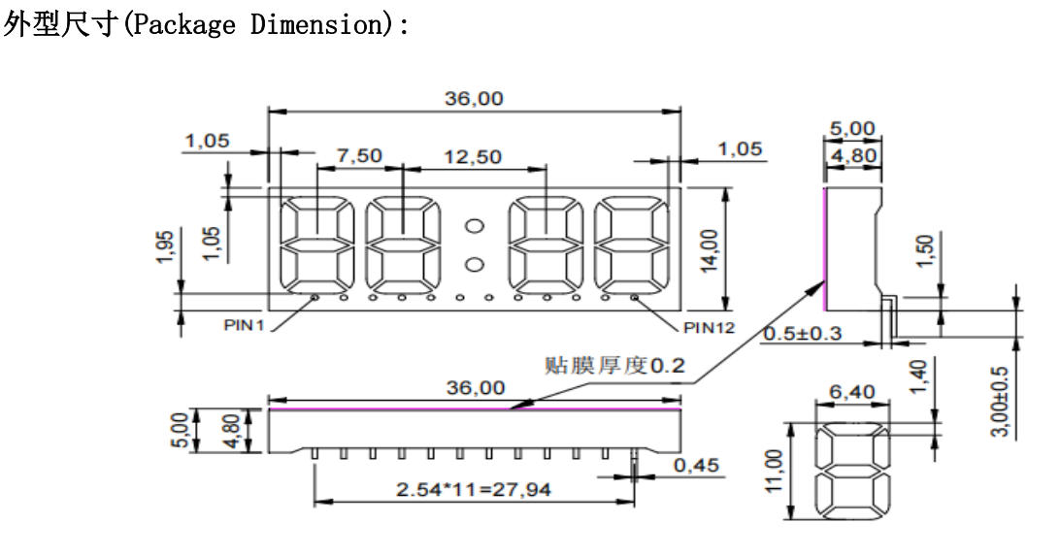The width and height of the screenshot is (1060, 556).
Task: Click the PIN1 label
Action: coord(244,326)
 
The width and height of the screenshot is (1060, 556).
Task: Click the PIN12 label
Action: coord(709,328)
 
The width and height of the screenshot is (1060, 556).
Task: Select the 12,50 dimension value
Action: coord(473,157)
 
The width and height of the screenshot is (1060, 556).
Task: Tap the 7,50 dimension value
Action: coord(359,155)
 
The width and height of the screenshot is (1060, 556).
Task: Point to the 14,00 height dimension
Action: coord(709,250)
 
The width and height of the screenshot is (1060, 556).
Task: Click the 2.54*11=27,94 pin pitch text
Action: coord(474,489)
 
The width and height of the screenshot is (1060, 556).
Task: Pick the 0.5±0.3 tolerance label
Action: coord(803,333)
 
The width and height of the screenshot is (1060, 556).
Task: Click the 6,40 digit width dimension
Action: coord(852,391)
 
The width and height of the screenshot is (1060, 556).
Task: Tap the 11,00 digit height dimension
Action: coord(775,471)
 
